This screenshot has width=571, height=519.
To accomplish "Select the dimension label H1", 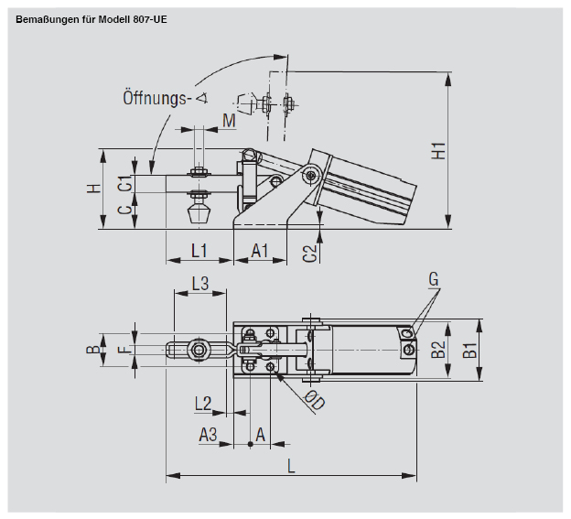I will click(x=439, y=150).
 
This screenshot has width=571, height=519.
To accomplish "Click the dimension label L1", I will click(x=199, y=249).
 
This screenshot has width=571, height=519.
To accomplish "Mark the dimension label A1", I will click(x=260, y=249).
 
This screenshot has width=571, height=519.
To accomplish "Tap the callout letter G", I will click(x=433, y=278).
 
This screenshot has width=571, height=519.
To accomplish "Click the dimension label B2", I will click(x=438, y=349).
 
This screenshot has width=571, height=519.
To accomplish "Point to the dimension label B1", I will click(x=468, y=349).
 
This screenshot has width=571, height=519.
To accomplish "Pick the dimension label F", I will click(x=119, y=349).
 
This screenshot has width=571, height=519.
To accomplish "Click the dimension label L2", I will click(x=203, y=402).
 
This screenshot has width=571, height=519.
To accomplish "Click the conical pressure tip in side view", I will click(x=199, y=216).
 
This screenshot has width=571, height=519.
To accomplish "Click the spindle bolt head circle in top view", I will click(x=197, y=350).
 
